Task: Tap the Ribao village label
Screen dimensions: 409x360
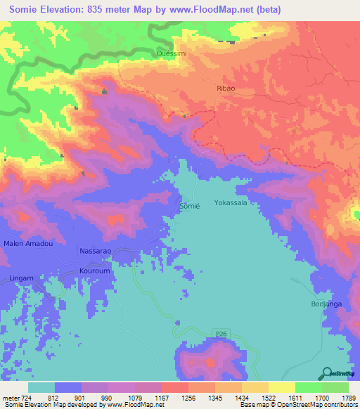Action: coord(224,90)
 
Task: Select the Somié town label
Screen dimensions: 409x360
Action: coord(190,206)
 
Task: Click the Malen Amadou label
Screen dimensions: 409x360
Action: coord(28,243)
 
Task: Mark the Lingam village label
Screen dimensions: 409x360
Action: coord(21,279)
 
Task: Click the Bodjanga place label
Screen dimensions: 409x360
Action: coord(327,304)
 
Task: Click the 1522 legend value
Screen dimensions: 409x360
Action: coord(257,397)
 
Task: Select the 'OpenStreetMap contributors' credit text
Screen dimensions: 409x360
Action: coord(319,405)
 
